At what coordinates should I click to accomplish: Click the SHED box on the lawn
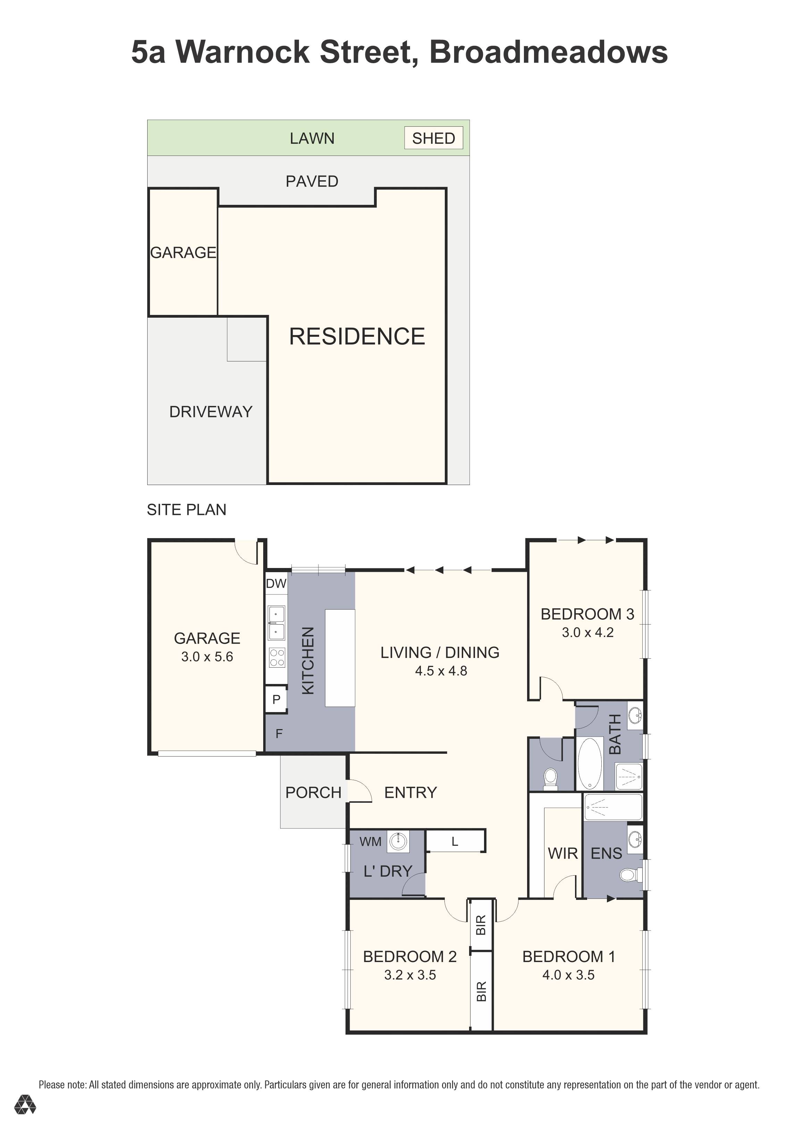433,138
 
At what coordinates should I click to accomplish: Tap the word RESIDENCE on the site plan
357,336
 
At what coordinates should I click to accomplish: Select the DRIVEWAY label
211,412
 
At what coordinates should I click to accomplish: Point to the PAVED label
312,182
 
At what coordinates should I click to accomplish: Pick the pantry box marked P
276,699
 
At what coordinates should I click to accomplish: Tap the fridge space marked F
279,734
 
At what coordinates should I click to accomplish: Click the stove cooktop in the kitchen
276,658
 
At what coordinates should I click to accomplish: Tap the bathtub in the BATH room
590,763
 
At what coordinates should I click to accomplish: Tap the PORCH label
313,793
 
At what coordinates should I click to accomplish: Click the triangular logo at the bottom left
25,1104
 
